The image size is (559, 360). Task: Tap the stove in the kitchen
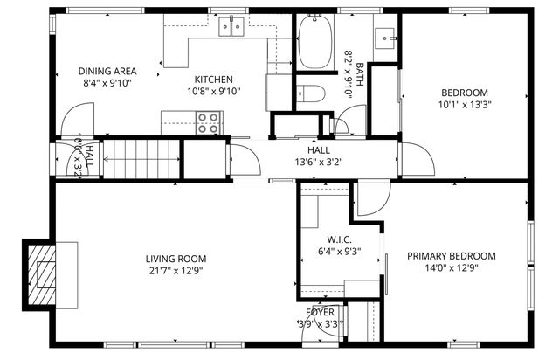[208, 123]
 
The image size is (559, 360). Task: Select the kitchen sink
[231, 26]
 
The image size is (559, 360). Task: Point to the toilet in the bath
[311, 93]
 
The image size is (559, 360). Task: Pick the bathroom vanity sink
[385, 38]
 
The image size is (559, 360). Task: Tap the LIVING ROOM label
[176, 258]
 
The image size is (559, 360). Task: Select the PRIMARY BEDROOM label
[452, 256]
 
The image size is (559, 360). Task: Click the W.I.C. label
[338, 239]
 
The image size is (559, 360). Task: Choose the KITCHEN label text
[213, 79]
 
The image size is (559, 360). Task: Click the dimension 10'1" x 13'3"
[464, 105]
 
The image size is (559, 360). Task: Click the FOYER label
[319, 312]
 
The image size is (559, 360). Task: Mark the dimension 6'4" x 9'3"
[338, 251]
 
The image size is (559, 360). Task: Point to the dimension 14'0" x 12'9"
[452, 268]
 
